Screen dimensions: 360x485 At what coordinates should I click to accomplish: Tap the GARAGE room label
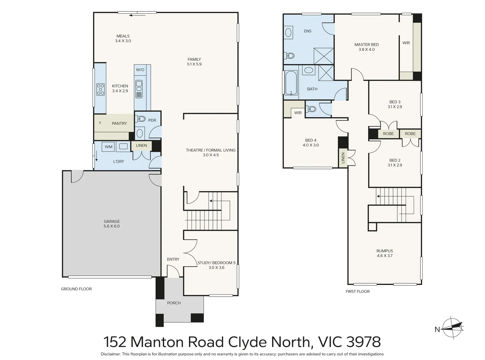click(112, 221)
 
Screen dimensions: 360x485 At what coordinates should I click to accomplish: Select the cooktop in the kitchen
click(100, 89)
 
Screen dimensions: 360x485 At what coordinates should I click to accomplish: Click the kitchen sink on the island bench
click(139, 89)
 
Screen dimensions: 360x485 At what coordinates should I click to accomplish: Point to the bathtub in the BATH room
click(291, 83)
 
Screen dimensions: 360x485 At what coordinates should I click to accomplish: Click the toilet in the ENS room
click(290, 55)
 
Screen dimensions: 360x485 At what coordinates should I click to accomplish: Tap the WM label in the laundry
click(109, 147)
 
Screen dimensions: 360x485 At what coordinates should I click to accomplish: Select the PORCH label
click(174, 303)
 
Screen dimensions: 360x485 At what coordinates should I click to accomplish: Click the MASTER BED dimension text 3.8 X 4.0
click(366, 49)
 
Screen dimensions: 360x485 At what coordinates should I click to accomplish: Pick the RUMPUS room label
click(385, 251)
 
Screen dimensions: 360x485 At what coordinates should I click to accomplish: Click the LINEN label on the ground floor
click(141, 146)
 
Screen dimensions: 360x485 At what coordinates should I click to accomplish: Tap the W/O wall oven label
click(140, 70)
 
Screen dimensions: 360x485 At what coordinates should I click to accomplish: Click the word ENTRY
click(173, 259)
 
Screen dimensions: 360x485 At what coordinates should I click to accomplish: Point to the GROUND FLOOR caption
click(76, 289)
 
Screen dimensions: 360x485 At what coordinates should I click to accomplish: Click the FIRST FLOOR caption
click(357, 291)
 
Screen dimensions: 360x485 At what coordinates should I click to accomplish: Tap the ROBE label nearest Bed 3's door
click(388, 134)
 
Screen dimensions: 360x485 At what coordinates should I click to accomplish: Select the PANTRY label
click(119, 123)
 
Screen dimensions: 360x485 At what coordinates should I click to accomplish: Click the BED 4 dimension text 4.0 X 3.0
click(310, 145)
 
